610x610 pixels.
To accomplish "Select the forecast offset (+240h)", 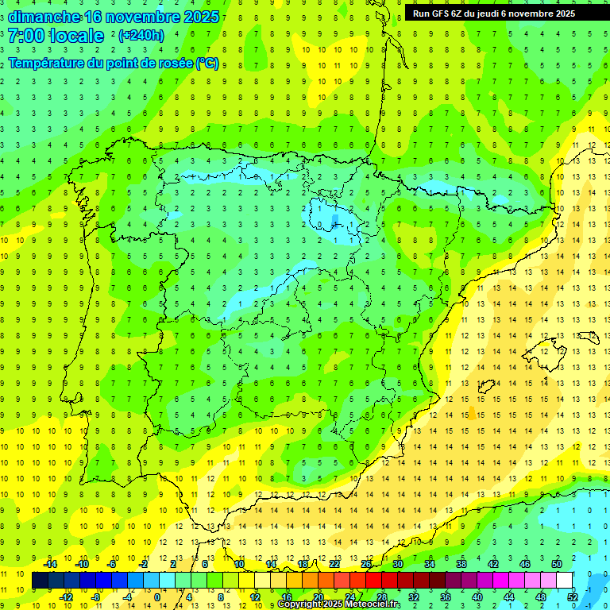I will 141,36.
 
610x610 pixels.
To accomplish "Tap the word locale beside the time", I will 75,36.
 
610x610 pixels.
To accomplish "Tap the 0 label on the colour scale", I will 157,597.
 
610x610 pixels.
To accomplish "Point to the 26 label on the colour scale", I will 366,564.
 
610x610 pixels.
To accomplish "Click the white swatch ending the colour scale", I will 565,581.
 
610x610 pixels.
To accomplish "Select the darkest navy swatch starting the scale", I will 40,581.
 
